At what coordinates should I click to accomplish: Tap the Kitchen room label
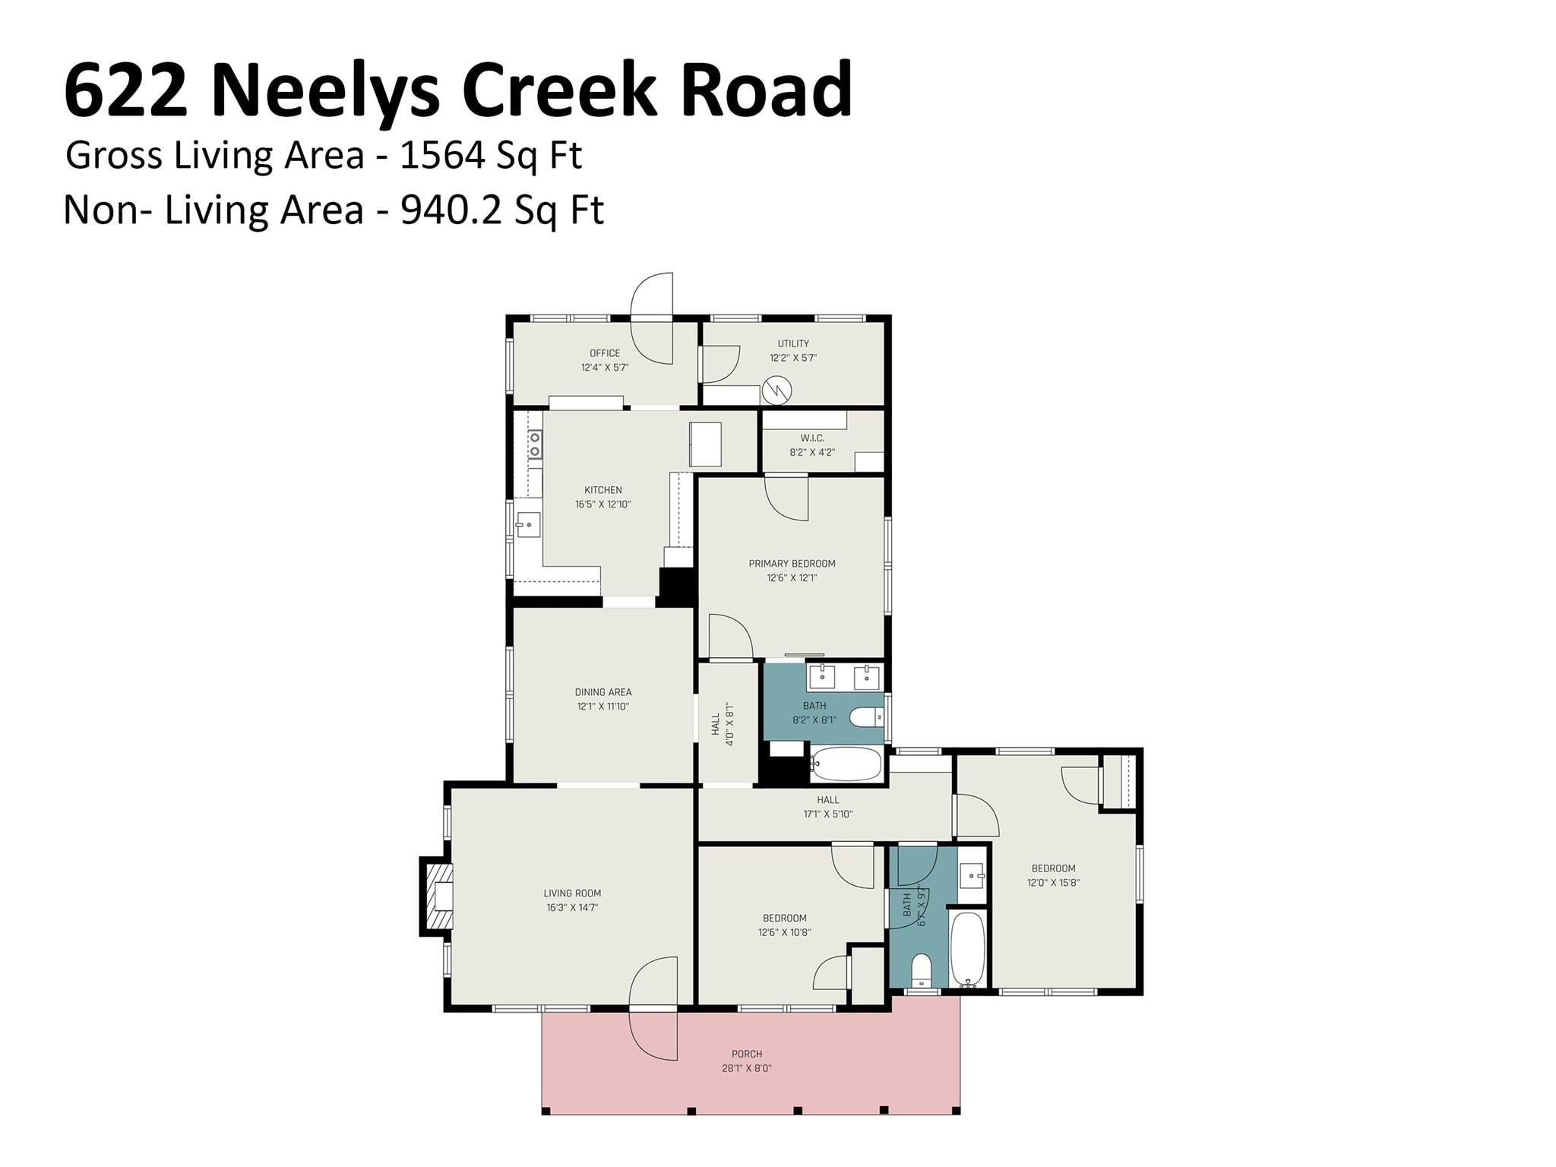(603, 490)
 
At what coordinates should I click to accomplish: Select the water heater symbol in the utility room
(777, 391)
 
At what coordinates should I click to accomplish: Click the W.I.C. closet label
(812, 438)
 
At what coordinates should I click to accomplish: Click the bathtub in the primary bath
(846, 764)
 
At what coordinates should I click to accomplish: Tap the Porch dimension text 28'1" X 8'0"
(747, 1068)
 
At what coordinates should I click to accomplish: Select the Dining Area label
(603, 692)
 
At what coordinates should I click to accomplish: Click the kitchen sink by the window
(527, 524)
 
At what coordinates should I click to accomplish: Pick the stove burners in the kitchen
(535, 444)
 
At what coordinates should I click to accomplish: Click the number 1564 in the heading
(442, 155)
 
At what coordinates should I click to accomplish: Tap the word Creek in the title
(558, 91)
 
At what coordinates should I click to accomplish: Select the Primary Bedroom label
(792, 564)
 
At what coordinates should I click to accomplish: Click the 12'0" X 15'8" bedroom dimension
(1053, 883)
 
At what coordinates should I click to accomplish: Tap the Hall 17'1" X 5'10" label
(828, 807)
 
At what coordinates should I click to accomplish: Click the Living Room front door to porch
(653, 1009)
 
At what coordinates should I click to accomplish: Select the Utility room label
(793, 343)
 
